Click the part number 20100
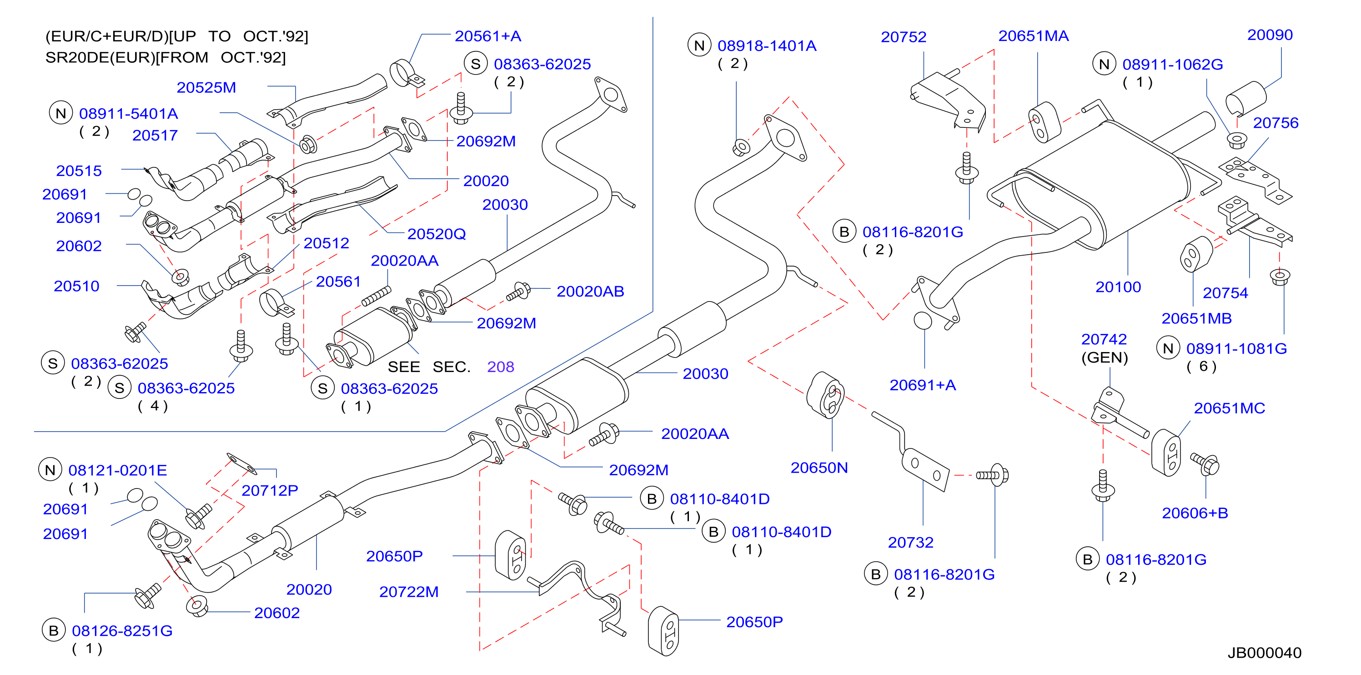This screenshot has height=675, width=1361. coord(1118,287)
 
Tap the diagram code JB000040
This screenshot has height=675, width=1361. coord(1264,653)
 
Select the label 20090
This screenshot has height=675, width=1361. coord(1270,35)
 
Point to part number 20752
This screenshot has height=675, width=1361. coord(904,37)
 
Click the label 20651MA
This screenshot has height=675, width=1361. coord(1034,36)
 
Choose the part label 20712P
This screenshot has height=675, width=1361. coord(270,490)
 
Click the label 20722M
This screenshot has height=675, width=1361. coord(409,592)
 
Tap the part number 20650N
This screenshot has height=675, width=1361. coord(819,468)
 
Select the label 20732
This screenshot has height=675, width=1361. coord(910,542)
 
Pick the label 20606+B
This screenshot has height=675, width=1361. coord(1195,513)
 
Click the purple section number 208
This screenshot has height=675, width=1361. coord(500,367)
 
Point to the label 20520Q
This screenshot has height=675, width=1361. coord(437,234)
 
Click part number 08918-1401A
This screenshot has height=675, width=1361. coord(767,46)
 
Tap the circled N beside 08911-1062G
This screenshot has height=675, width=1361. coord(1104,64)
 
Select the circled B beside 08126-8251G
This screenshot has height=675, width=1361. coord(53,630)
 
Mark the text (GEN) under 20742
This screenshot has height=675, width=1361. coord(1104,358)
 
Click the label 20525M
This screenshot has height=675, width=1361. coord(206,88)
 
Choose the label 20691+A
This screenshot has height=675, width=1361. coord(923,385)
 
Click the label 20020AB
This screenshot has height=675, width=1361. coord(590,291)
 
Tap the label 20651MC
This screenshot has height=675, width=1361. coord(1230,408)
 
